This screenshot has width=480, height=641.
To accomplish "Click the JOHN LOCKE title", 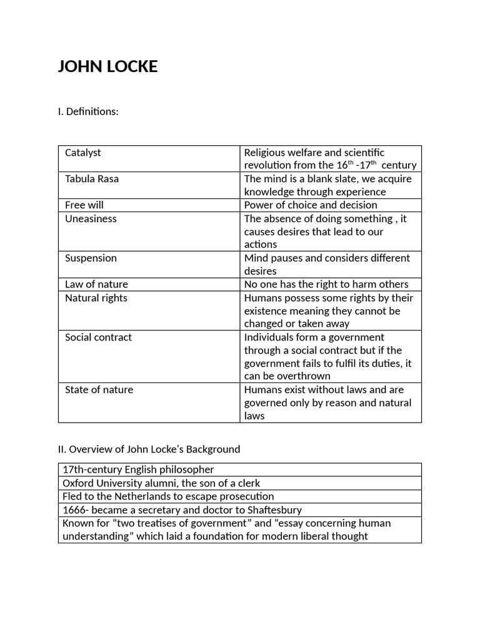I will coord(107,66).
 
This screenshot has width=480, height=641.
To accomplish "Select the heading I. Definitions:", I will coord(88,111).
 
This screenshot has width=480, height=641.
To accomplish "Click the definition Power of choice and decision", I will coord(311,205).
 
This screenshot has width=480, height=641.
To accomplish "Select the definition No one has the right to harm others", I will coord(326,284).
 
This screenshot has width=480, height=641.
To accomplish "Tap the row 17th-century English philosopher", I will coord(138,469).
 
